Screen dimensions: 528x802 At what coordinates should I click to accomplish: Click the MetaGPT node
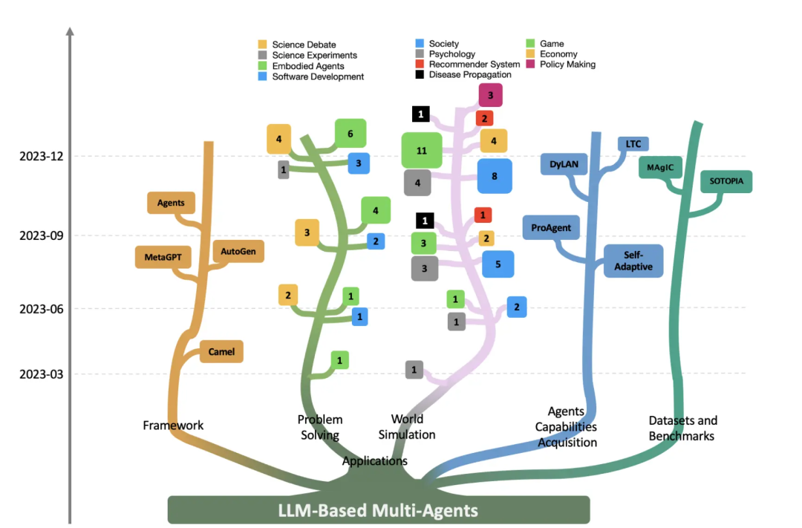pos(163,257)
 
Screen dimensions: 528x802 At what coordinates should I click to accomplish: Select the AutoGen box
pos(238,252)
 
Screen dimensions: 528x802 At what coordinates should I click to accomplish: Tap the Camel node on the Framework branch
pos(221,351)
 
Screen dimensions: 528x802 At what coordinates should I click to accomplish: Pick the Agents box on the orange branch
pos(171,202)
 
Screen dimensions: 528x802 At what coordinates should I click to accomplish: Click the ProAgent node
pos(551,227)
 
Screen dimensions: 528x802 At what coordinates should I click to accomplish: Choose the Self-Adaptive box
pos(633,261)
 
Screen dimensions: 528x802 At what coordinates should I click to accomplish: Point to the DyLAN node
pos(564,164)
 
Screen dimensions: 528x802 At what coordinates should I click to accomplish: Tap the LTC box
pos(633,144)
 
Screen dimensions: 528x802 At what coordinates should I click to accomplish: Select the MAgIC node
pos(659,167)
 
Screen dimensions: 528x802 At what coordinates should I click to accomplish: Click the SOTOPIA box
pos(726,181)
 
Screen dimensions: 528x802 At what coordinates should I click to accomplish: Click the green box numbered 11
pos(422,151)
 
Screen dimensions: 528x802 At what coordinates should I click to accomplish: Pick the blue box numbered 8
pos(494,176)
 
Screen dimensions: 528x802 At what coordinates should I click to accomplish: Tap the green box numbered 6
pos(350,134)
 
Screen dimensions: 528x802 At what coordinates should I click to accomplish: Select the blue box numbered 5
pos(498,264)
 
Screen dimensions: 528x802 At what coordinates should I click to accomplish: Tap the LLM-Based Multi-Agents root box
pos(378,510)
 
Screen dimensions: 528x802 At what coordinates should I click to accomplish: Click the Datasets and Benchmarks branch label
pos(682,428)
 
